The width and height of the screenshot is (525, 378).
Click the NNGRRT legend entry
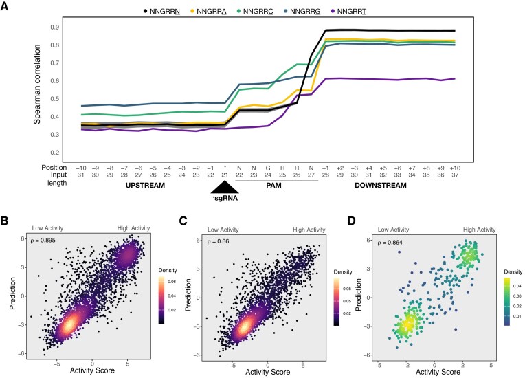coord(348,11)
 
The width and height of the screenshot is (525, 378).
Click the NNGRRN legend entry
coord(161,11)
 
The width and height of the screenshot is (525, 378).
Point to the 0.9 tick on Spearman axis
coord(55,27)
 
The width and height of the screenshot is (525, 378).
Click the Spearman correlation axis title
coord(37,85)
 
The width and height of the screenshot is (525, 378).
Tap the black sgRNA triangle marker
coord(225,187)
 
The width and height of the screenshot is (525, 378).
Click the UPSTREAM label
coord(145,185)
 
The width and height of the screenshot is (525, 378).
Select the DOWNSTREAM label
coord(381,185)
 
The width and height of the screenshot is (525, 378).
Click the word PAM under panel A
coord(273,185)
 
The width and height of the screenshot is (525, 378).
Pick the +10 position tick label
coord(455,168)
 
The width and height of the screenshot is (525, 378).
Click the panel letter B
coord(4,221)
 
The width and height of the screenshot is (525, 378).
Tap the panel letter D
coord(351,221)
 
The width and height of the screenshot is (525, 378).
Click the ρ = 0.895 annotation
coord(43,240)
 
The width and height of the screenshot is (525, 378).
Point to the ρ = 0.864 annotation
coord(390,243)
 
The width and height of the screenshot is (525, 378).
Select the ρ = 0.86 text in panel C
coord(218,241)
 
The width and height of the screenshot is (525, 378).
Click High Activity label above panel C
coord(309,230)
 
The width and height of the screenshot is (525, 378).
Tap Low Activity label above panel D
coord(394,230)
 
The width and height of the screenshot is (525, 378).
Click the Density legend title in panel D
coord(513,272)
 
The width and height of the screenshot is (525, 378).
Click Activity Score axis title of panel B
coord(92,370)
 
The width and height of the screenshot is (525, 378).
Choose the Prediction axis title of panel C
coord(188,295)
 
